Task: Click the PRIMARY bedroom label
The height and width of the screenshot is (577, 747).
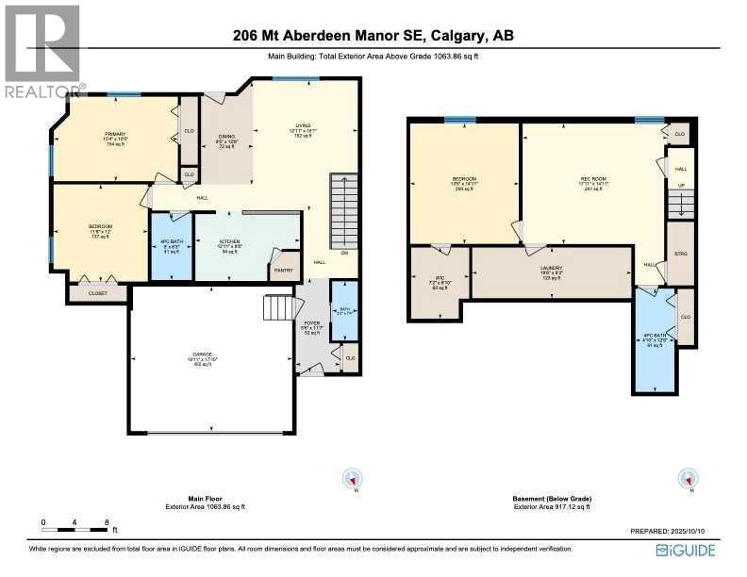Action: point(115,135)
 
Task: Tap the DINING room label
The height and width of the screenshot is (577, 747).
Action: point(226,136)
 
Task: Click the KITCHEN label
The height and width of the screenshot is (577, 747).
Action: point(230,241)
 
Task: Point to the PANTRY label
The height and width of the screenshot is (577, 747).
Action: point(283,271)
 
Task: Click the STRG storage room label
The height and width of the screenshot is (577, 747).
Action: point(680,255)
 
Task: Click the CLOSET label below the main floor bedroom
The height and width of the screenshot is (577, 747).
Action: point(97,293)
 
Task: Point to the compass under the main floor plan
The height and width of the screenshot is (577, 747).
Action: point(351,478)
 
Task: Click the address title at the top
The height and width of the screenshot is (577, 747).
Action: point(373,37)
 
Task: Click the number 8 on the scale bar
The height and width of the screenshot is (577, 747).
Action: point(108,521)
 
